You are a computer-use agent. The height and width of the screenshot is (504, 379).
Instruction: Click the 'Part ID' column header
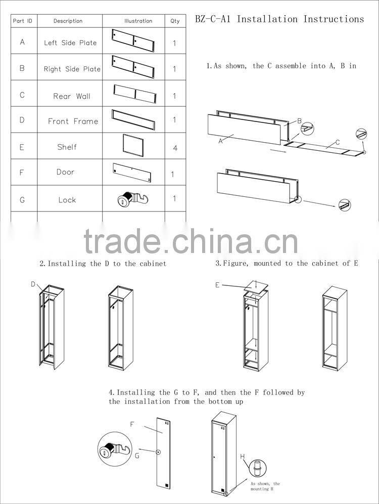[23, 21]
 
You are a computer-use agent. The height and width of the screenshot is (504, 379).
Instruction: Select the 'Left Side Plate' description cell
[70, 43]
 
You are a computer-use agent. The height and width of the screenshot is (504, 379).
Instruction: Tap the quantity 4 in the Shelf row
[175, 148]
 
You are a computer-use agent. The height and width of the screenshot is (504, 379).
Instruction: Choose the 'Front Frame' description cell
[73, 121]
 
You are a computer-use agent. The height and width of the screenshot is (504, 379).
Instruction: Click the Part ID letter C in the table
[22, 95]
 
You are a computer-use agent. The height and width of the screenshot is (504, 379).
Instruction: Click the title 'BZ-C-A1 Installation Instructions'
[279, 19]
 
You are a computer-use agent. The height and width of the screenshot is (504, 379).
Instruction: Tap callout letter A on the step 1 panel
[220, 141]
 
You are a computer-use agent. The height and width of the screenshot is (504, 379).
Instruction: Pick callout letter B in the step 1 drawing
[299, 121]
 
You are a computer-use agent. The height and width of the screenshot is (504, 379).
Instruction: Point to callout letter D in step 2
[33, 284]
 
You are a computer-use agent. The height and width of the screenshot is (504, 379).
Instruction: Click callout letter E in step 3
[217, 285]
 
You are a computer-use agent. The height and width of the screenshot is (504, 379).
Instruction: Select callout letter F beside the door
[132, 425]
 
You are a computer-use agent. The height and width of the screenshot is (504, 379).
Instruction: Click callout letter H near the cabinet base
[243, 457]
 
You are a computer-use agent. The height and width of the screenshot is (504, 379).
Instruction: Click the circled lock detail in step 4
[113, 450]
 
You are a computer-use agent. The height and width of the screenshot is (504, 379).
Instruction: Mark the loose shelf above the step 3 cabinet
[256, 286]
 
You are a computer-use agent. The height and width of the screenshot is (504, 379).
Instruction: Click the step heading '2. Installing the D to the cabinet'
[103, 264]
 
